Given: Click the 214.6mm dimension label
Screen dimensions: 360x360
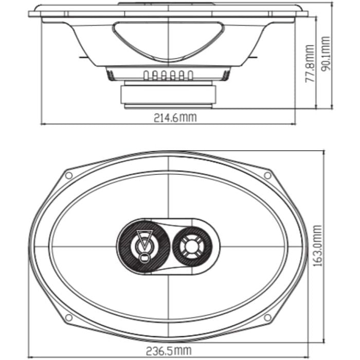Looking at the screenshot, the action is [x=175, y=118].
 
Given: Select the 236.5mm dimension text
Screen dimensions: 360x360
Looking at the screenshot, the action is [x=169, y=351].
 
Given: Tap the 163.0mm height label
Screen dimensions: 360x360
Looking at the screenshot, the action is [x=318, y=246].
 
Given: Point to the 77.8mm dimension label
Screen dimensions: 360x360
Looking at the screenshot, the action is [x=310, y=64].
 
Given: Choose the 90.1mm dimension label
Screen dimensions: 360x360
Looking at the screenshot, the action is [x=326, y=54].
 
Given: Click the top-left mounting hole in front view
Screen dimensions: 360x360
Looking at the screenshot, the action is [x=68, y=176].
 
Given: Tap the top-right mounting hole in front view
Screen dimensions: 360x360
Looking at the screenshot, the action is [x=267, y=176].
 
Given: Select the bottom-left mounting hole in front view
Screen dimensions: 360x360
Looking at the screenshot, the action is [x=68, y=318].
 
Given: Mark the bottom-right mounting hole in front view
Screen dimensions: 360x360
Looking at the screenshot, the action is [x=267, y=318].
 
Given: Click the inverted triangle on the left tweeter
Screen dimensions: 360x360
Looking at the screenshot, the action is [x=145, y=239].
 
